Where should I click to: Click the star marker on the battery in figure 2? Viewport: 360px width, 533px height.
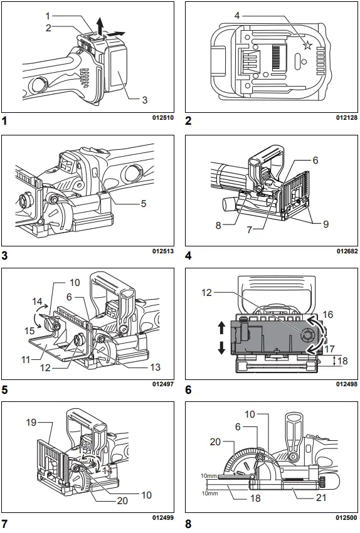pos(307,45)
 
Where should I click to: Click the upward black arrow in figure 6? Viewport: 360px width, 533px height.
pos(221,327)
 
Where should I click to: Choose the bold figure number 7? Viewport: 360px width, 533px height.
pos(5,522)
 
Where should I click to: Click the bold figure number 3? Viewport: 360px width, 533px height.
pos(5,255)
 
